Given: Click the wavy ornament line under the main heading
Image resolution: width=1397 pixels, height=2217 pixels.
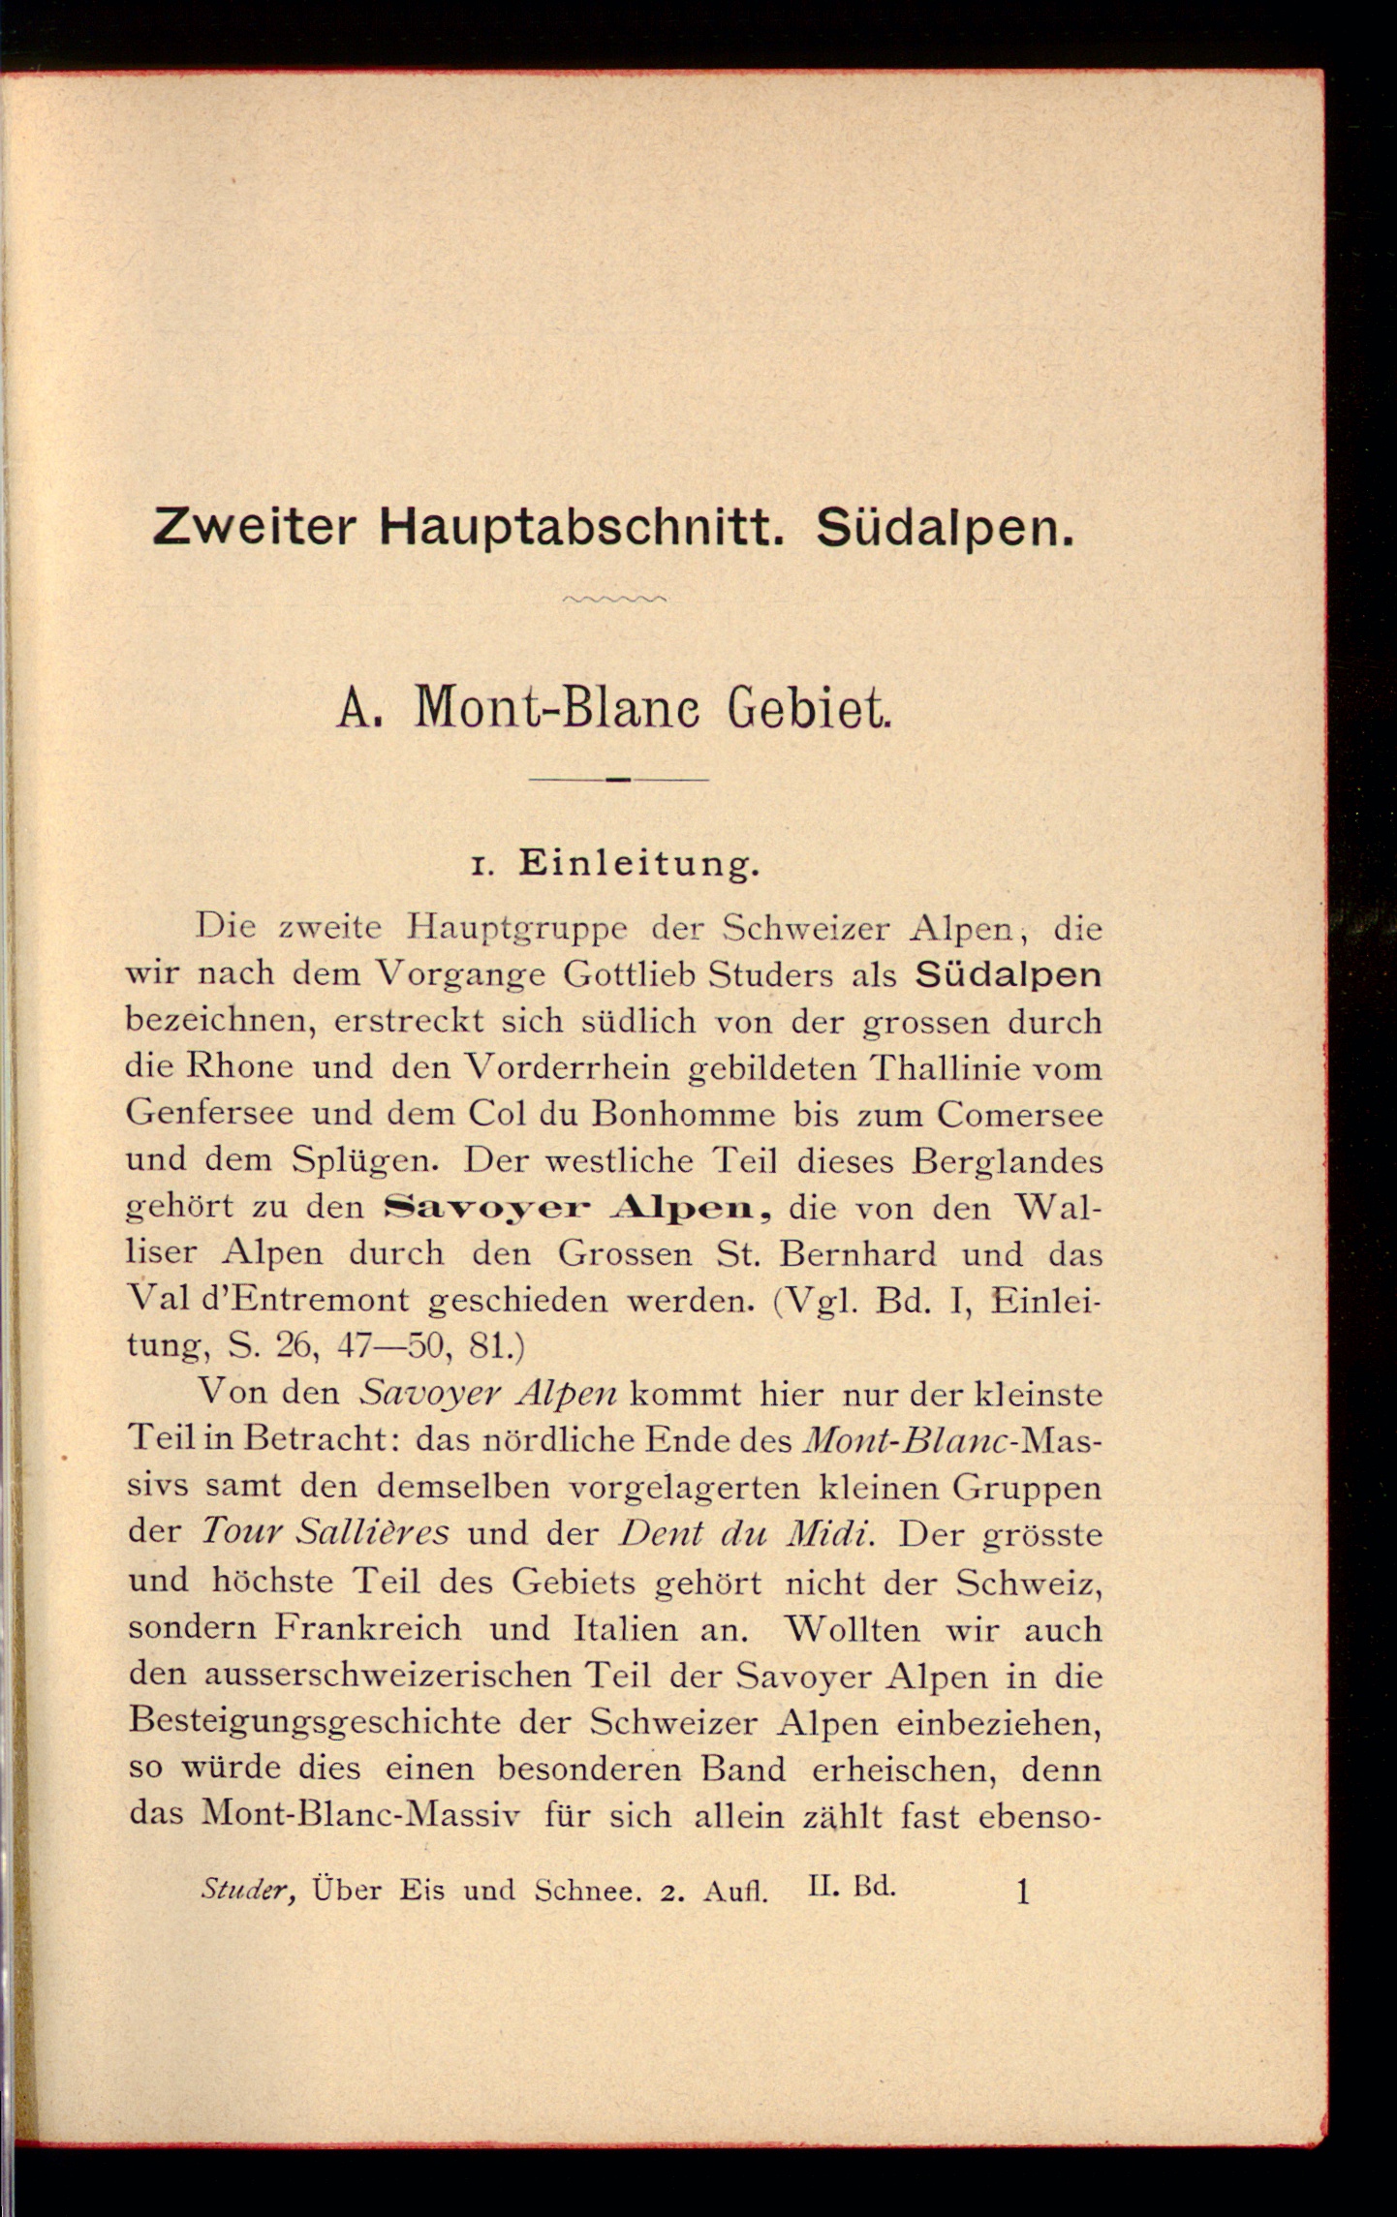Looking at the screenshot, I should pos(614,600).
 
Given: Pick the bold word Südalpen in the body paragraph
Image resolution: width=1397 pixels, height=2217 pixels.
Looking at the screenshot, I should pos(1008,974).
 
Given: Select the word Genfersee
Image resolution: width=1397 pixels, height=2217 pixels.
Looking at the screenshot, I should pos(209,1114).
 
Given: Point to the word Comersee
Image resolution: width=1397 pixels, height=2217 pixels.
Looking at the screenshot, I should pos(1019,1114).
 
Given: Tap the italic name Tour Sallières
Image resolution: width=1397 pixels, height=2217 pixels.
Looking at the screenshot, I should pos(325,1532).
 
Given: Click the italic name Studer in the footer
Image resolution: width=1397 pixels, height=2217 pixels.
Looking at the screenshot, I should pos(248,1890).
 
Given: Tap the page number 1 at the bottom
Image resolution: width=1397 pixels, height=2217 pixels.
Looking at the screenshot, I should pos(1022,1892).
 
